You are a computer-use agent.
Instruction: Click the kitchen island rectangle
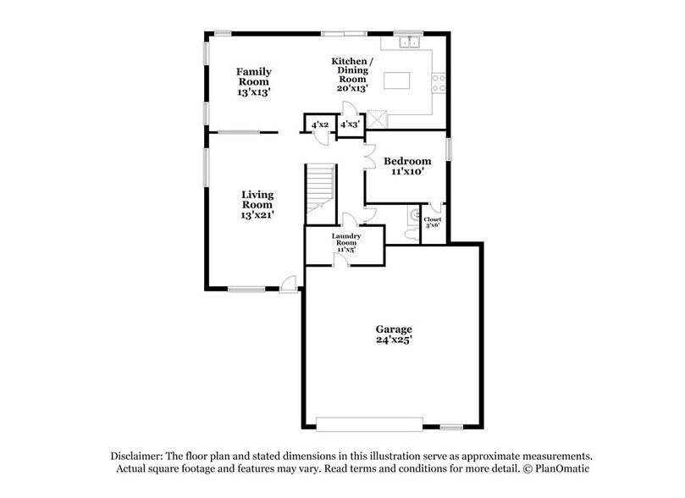pyautogui.click(x=398, y=80)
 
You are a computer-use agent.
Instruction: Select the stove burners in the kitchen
pyautogui.click(x=439, y=82)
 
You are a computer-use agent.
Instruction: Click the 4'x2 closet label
pyautogui.click(x=319, y=125)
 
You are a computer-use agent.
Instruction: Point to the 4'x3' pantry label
pyautogui.click(x=349, y=125)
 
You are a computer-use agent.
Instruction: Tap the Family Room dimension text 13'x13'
pyautogui.click(x=253, y=91)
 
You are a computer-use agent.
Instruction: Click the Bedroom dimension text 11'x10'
pyautogui.click(x=407, y=172)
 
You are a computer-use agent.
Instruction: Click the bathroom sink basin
pyautogui.click(x=413, y=214)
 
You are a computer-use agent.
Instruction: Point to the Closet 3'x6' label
pyautogui.click(x=433, y=223)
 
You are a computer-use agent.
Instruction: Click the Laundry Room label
pyautogui.click(x=347, y=239)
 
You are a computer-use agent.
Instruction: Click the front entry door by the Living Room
pyautogui.click(x=290, y=285)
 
